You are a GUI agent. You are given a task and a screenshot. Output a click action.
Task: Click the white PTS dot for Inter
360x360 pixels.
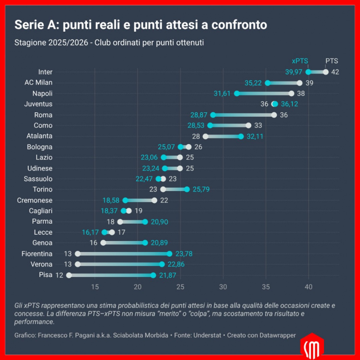(x=325, y=72)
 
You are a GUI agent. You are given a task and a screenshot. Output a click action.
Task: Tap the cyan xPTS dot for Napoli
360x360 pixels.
(x=237, y=94)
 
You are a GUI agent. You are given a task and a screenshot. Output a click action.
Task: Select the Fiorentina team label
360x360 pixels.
(x=37, y=253)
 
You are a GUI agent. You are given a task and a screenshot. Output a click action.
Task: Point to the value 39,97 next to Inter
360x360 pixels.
(x=294, y=72)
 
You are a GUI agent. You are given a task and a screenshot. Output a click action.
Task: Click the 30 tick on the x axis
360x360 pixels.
(x=223, y=287)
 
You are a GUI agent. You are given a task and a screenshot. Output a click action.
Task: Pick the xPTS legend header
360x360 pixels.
(x=300, y=61)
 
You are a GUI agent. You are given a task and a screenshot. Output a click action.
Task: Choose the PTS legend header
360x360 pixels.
(x=332, y=61)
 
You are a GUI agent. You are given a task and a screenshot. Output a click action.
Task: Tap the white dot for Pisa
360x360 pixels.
(x=69, y=275)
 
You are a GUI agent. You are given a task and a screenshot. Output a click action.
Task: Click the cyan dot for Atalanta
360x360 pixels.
(x=241, y=136)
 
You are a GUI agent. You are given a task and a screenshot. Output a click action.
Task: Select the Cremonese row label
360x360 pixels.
(x=35, y=200)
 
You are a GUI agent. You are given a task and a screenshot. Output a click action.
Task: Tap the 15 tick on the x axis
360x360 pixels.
(x=95, y=287)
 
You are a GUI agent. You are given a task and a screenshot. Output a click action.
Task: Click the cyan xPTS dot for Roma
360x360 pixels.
(x=213, y=115)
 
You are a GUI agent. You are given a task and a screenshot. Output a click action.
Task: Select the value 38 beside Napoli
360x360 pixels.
(x=301, y=94)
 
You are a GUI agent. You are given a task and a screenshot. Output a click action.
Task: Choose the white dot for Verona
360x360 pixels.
(x=78, y=264)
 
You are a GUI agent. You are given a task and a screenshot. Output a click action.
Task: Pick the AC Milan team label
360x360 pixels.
(x=38, y=83)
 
